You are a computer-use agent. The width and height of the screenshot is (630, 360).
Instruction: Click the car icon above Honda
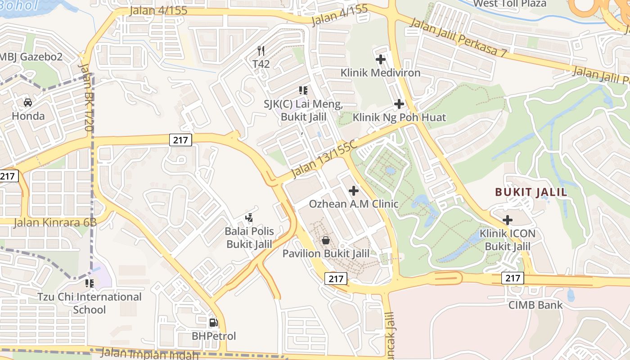point(27,103)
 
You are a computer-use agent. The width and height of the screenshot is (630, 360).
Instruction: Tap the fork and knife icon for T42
point(261,50)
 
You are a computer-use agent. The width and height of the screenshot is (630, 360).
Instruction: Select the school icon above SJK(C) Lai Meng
point(303,90)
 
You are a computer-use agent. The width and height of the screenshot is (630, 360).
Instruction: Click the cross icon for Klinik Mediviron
point(380,59)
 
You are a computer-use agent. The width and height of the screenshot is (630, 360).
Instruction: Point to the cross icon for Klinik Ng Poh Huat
point(399,104)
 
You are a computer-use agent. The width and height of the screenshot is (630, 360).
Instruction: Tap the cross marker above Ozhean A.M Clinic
point(354,191)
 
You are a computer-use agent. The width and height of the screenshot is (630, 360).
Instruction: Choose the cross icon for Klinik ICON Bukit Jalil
point(508,220)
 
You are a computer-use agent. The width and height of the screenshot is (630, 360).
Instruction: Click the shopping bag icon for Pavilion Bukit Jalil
point(326,241)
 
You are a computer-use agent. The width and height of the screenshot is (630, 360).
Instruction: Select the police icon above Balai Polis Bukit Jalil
point(249,218)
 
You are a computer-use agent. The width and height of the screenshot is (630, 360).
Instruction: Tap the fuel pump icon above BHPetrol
point(213,323)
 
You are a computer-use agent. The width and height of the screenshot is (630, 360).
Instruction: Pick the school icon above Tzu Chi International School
point(89,283)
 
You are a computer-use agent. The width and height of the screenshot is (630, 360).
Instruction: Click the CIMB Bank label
point(535,305)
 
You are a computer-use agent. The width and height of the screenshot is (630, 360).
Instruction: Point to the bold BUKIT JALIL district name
point(531,192)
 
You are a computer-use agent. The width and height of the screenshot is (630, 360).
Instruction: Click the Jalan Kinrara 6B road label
point(55,222)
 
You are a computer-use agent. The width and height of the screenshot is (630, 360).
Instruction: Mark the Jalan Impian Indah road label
point(149,354)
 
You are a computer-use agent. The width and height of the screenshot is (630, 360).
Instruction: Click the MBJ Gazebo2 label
point(31,57)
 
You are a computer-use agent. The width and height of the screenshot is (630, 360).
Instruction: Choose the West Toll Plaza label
point(509,4)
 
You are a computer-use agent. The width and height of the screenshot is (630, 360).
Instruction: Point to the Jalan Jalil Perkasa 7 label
point(459,38)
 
